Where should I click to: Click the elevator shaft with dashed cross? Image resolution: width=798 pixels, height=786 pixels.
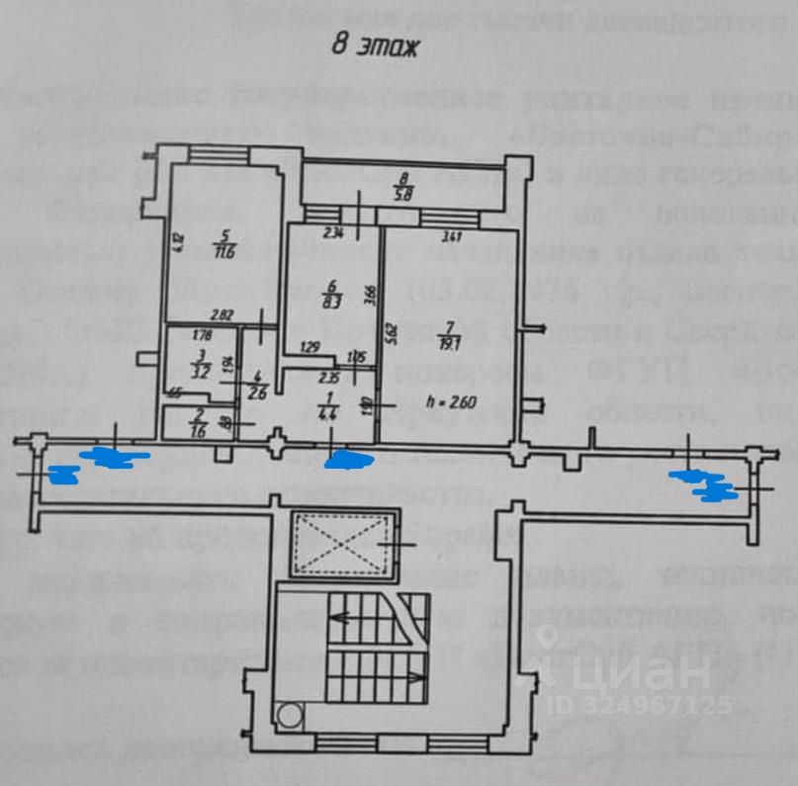(338, 544)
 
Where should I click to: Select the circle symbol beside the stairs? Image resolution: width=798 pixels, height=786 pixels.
(290, 716)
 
